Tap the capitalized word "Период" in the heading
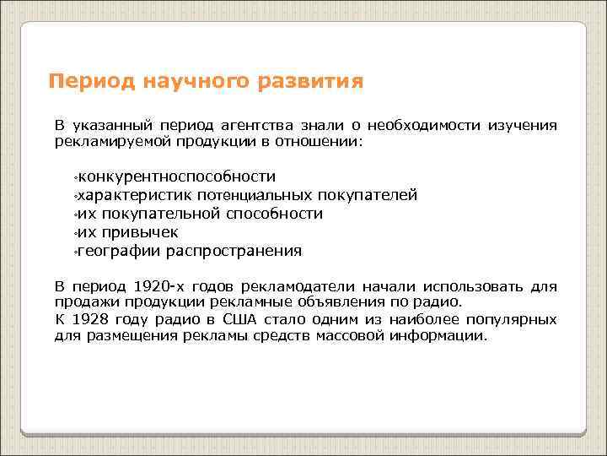[85, 83]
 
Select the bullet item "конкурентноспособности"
[175, 176]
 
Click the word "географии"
[120, 251]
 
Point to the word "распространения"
[234, 251]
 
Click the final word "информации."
[439, 335]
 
